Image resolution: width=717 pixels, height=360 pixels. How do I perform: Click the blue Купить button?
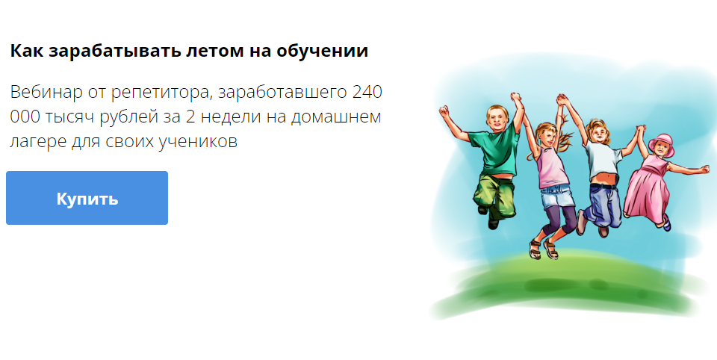(87, 198)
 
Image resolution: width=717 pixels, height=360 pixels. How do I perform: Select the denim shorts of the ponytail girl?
(556, 196)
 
